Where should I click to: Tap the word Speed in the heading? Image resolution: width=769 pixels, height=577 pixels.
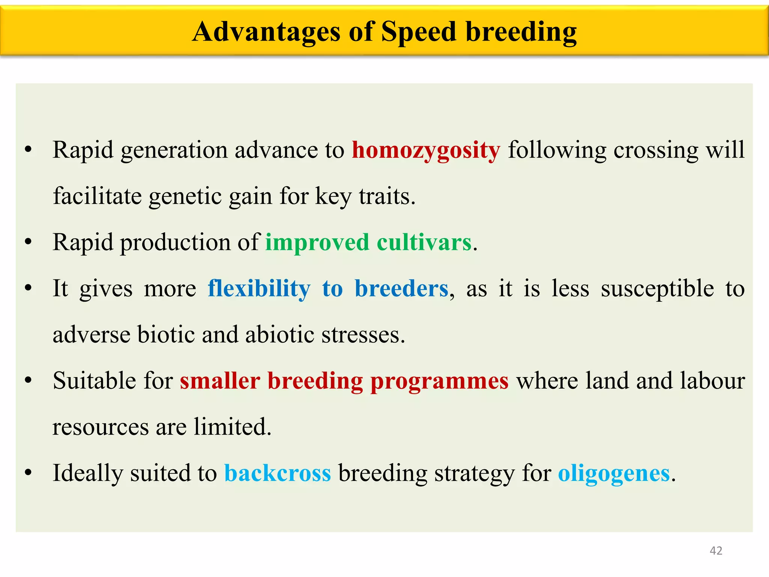tap(419, 32)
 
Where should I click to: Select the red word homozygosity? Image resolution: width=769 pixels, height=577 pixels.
tap(426, 150)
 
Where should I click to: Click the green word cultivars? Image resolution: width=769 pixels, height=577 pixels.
tap(424, 242)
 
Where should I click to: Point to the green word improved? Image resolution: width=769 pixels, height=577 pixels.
tap(317, 242)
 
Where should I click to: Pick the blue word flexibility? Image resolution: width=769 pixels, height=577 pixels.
tap(259, 288)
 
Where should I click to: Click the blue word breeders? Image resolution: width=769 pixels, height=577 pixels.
tap(401, 288)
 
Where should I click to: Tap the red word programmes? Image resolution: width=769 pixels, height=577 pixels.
tap(439, 381)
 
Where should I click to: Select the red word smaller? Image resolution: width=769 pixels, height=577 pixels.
tap(220, 381)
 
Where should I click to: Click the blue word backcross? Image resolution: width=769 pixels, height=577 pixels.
tap(277, 473)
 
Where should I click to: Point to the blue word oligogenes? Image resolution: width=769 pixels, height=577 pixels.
tap(614, 473)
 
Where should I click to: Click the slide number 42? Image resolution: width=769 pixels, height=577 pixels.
tap(716, 551)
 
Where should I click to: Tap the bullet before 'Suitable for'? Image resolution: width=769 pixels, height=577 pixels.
tap(28, 381)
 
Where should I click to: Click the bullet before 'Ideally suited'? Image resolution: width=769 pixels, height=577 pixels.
tap(28, 473)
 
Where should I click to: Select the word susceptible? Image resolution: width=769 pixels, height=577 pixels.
tap(657, 288)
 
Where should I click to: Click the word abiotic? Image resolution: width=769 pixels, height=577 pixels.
tap(279, 335)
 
